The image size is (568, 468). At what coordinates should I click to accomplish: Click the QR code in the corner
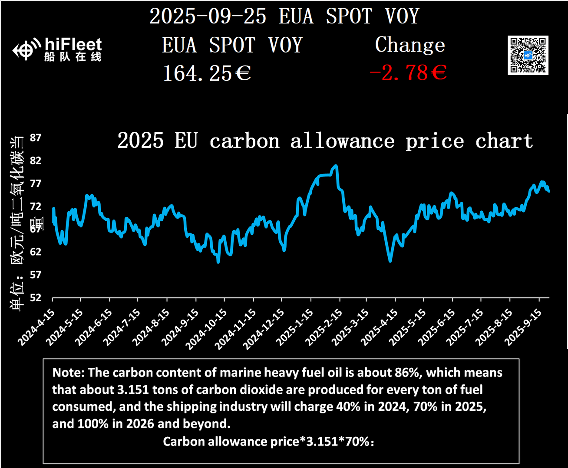[528, 55]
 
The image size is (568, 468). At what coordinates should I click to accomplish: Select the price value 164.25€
[207, 73]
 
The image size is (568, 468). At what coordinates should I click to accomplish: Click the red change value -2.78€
[408, 72]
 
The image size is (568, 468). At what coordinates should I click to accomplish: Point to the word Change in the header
[410, 45]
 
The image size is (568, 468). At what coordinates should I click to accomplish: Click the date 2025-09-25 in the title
[208, 16]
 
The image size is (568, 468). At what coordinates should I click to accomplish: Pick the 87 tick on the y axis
[36, 138]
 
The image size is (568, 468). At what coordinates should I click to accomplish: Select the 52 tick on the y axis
[36, 298]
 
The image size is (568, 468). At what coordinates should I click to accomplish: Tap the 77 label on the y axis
[36, 183]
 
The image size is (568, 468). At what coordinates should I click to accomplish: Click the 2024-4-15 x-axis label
[37, 327]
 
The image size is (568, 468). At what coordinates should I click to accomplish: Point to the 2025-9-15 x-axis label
[524, 327]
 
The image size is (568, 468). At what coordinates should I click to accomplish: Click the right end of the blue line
[549, 191]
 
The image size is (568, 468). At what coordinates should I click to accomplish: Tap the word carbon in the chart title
[244, 141]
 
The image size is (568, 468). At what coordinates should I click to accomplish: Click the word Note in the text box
[68, 373]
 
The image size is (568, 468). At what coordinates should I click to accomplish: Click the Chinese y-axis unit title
[17, 221]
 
